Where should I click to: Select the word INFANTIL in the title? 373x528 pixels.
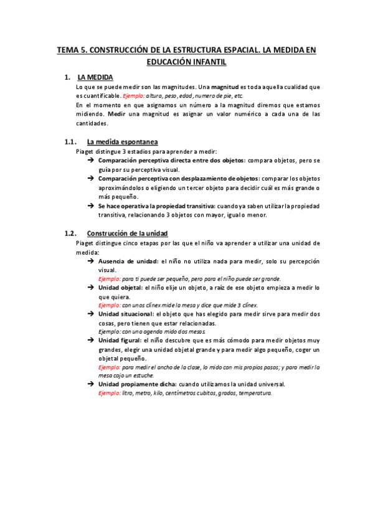[x=209, y=62]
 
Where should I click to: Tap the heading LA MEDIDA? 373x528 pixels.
[x=95, y=77]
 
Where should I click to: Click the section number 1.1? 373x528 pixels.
[x=70, y=141]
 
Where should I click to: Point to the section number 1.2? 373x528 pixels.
[x=70, y=233]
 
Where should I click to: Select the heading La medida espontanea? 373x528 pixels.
[x=123, y=141]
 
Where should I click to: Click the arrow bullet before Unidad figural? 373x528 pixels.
[x=91, y=341]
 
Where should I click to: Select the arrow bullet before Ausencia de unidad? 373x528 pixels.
[x=91, y=262]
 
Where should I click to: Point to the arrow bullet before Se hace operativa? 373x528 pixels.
[x=91, y=206]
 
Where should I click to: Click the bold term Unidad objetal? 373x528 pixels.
[x=120, y=288]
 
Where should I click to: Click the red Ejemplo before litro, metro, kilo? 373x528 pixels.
[x=109, y=394]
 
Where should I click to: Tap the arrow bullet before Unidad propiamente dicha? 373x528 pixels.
[x=91, y=385]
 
